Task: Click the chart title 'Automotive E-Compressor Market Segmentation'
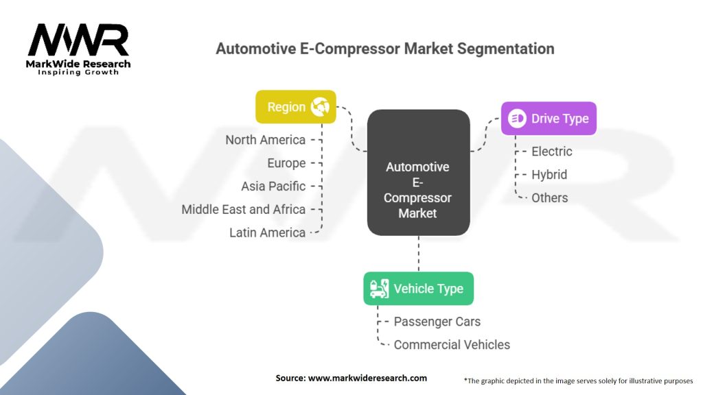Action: point(384,49)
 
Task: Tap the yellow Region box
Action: point(296,107)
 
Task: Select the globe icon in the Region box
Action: point(320,107)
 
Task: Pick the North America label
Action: point(265,140)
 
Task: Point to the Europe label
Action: point(286,163)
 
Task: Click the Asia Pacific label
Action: point(273,187)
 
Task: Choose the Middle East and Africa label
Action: point(243,209)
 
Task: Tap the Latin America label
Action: point(267,232)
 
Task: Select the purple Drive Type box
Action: point(548,119)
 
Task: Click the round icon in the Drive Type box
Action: point(517,119)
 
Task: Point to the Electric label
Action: point(551,151)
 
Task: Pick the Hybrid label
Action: point(549,174)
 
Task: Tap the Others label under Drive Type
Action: point(549,197)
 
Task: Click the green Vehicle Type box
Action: point(418,289)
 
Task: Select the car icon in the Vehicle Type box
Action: point(379,289)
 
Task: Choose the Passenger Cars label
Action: point(437,322)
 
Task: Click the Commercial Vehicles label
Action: point(452,344)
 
